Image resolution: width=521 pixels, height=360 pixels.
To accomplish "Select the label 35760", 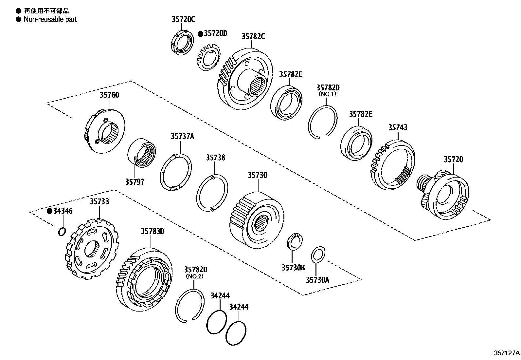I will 109,95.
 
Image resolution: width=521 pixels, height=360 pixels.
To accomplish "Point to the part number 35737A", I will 182,136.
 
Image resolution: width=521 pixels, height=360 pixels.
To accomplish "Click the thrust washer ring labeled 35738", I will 213,194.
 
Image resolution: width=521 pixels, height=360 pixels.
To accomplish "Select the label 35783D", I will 153,232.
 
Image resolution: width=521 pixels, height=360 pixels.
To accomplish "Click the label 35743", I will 398,127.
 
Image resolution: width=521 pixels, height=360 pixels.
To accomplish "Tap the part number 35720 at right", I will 453,160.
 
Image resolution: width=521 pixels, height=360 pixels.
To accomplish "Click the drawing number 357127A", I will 506,353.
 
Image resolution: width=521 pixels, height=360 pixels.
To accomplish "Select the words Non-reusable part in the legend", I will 50,19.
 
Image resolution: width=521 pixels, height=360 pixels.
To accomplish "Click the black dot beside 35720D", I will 200,34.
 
